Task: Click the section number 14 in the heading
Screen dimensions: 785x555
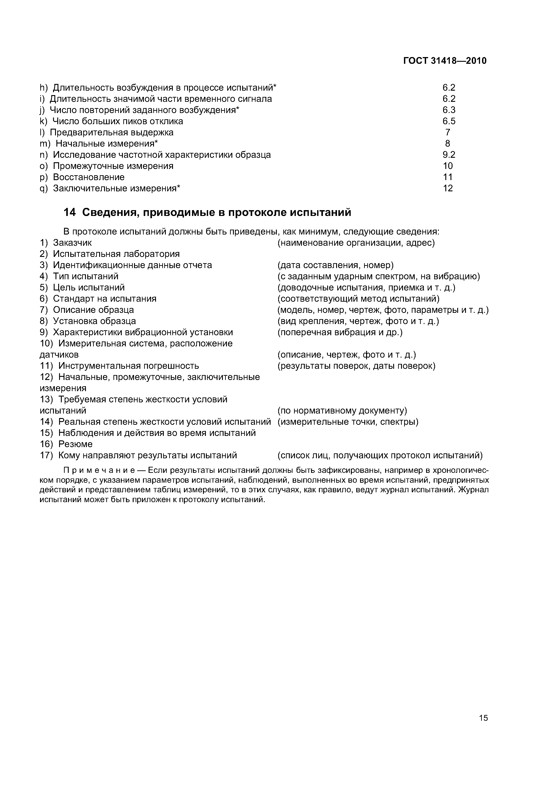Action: coord(69,212)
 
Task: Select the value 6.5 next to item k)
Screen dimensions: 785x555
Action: coord(449,121)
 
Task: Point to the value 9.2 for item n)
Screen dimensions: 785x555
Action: coord(449,155)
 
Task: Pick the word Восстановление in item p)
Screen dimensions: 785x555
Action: coord(89,177)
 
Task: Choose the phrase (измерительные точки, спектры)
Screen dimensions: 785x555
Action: coord(348,422)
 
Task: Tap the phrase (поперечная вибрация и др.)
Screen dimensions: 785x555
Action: coord(340,332)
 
